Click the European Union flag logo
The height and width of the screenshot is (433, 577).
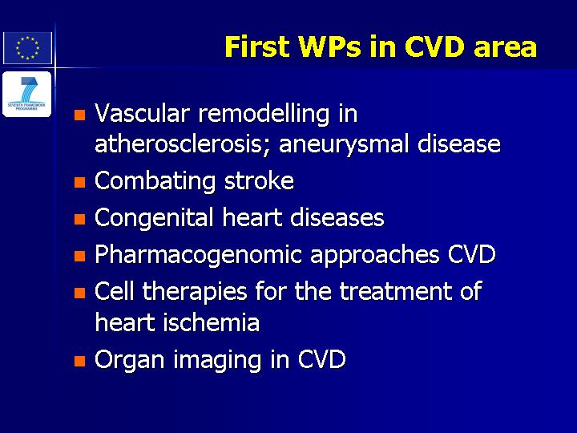pyautogui.click(x=27, y=48)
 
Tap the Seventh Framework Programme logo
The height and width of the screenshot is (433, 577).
pyautogui.click(x=27, y=95)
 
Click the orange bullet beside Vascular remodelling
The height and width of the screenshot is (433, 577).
pyautogui.click(x=79, y=115)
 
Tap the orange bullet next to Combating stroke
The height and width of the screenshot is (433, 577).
pyautogui.click(x=79, y=182)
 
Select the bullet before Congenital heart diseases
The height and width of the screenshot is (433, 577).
pyautogui.click(x=79, y=220)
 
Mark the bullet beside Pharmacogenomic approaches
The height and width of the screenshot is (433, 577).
pyautogui.click(x=79, y=256)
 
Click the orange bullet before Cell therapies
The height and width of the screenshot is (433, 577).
pyautogui.click(x=79, y=293)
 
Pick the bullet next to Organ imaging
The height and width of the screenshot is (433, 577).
pyautogui.click(x=79, y=361)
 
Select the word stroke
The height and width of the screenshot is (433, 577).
pyautogui.click(x=259, y=180)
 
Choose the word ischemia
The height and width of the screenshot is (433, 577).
pyautogui.click(x=212, y=322)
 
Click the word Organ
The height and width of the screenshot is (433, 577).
pyautogui.click(x=130, y=360)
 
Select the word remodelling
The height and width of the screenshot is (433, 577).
pyautogui.click(x=264, y=114)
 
